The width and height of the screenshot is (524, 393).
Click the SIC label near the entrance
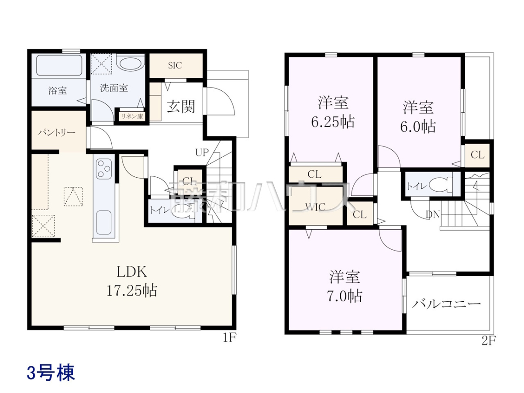pos(175,65)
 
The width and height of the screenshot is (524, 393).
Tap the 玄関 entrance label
pos(181,107)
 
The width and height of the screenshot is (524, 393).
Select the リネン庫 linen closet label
pos(132,117)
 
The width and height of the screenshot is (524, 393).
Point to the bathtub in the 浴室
pos(59,65)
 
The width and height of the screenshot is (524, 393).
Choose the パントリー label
pos(57,132)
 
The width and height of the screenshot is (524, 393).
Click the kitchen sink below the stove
pos(104,223)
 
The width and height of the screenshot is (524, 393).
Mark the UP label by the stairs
pos(202,152)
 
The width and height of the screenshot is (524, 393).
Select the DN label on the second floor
pos(433,215)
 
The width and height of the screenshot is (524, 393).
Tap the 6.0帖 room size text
pos(418,127)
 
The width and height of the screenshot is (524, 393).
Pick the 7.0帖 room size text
pos(344,296)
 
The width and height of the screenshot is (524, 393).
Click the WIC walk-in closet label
pos(315,207)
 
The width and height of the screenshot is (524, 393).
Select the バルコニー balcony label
pos(446,304)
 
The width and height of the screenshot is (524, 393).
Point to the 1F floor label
pos(230,338)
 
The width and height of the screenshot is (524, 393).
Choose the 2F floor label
pos(488,341)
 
